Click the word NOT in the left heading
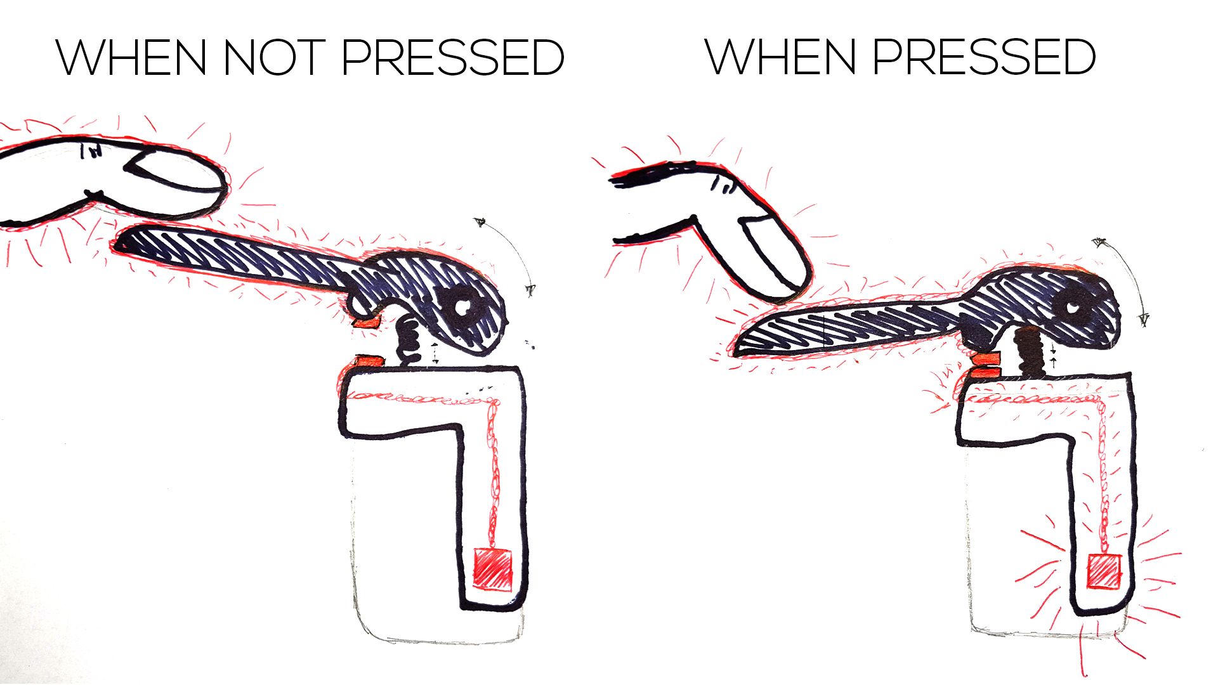(x=273, y=58)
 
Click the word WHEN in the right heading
(x=780, y=57)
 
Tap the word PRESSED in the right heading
(x=984, y=57)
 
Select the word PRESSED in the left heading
(x=452, y=58)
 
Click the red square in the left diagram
(x=493, y=569)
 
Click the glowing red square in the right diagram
(x=1104, y=571)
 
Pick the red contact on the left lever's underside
(x=367, y=322)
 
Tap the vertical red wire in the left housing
(x=493, y=472)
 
